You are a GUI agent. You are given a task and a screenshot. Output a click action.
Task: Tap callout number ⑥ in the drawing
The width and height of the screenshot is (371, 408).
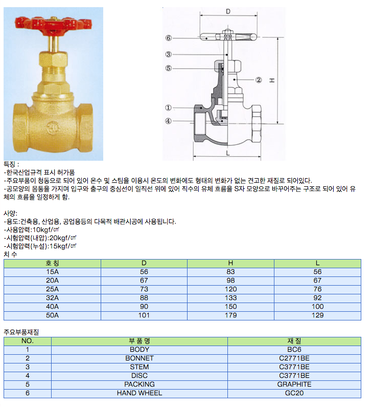[169, 38]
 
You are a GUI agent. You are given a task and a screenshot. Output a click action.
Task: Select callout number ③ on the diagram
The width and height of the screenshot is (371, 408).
[169, 54]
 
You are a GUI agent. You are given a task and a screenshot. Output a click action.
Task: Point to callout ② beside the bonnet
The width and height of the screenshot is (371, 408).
[259, 80]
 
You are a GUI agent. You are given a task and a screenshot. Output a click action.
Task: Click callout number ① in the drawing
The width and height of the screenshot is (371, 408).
[168, 108]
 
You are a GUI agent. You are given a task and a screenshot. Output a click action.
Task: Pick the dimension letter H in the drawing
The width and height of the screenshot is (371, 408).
[272, 80]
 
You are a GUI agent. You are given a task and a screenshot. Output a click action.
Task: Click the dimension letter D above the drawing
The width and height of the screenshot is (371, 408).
[228, 11]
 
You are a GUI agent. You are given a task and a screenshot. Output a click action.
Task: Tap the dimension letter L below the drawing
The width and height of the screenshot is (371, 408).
[228, 153]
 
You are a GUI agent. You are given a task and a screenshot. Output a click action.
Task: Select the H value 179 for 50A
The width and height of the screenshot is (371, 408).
[230, 315]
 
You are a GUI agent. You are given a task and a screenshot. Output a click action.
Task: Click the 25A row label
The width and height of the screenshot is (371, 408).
[53, 289]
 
